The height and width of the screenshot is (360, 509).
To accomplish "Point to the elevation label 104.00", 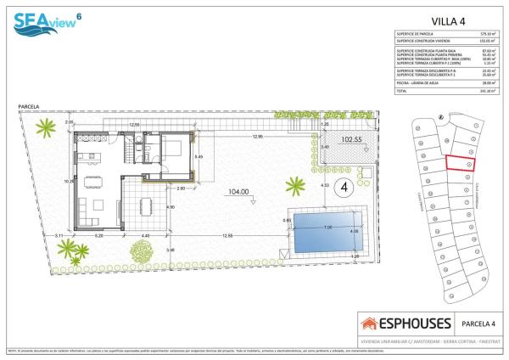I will tap(238, 192).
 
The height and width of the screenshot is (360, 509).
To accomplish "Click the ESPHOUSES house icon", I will tap(370, 323).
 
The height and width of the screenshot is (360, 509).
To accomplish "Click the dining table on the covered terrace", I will tap(144, 205).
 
